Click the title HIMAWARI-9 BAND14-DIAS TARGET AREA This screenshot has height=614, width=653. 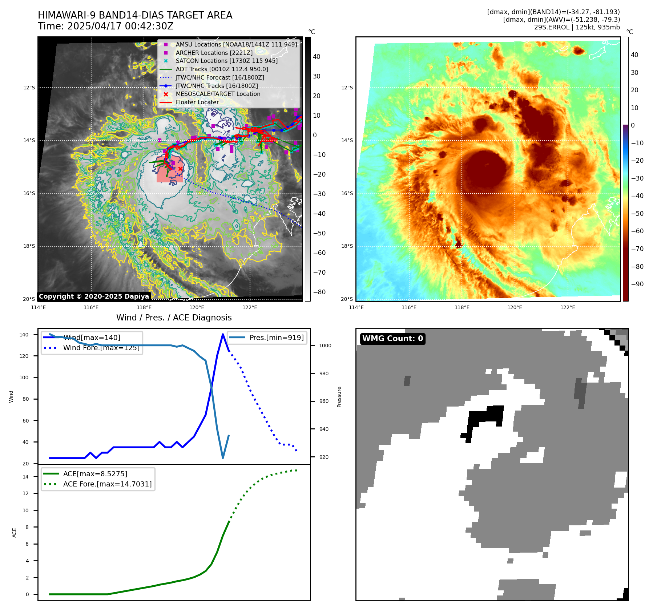point(135,15)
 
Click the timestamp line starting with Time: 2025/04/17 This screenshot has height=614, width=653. point(105,26)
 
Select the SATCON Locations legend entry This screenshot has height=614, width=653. point(226,61)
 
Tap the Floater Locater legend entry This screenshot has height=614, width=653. point(197,102)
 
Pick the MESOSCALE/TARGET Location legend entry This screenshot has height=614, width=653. point(218,94)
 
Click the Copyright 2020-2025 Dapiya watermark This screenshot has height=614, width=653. point(94,296)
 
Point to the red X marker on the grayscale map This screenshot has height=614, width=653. point(180,169)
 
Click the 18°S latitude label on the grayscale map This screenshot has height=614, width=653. point(29,246)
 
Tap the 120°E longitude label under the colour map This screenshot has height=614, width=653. point(515,308)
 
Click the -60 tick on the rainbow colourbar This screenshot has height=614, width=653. point(637,231)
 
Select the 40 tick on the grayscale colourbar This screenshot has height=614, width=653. point(317,57)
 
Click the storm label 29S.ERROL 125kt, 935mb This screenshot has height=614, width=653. point(577,27)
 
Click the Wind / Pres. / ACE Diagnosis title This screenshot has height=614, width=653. point(174,318)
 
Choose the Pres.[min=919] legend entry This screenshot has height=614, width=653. point(276,338)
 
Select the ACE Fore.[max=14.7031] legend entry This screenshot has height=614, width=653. point(107,484)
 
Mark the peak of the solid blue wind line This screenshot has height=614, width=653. point(223,334)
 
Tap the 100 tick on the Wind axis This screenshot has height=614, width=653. point(24,377)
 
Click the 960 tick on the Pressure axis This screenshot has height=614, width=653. point(324,401)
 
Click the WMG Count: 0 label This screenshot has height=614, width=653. point(392,339)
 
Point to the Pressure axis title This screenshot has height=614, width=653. point(339,397)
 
